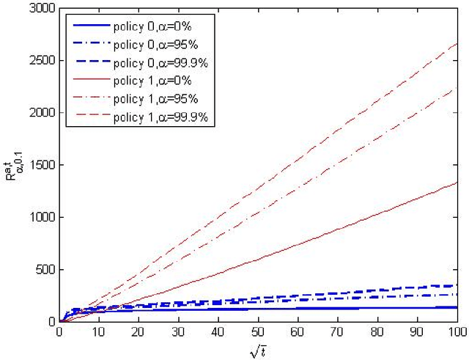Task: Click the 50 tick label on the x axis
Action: tap(258, 331)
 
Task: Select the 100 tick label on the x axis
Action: tap(456, 331)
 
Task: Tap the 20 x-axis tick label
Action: tap(139, 331)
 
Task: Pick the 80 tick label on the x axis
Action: tap(377, 331)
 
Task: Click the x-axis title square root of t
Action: tap(258, 348)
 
